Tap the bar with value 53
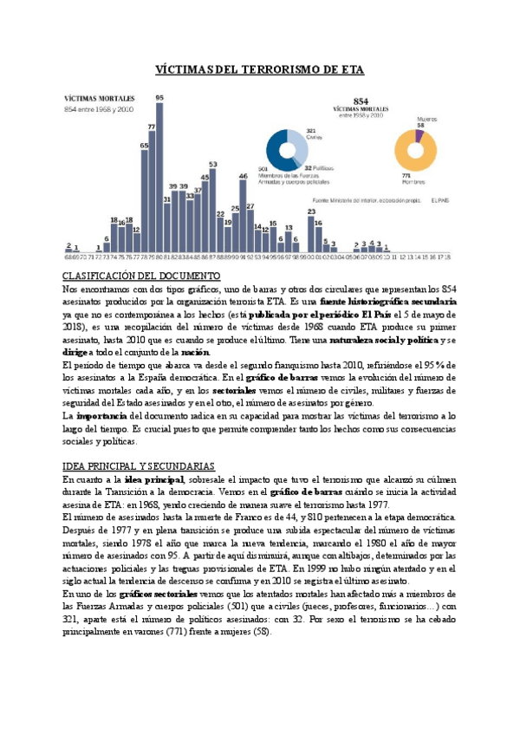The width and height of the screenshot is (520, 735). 212,209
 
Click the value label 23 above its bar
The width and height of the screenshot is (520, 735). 311,211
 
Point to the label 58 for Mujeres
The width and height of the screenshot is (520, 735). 420,126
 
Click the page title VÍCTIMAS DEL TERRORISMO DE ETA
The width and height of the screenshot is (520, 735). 259,69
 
